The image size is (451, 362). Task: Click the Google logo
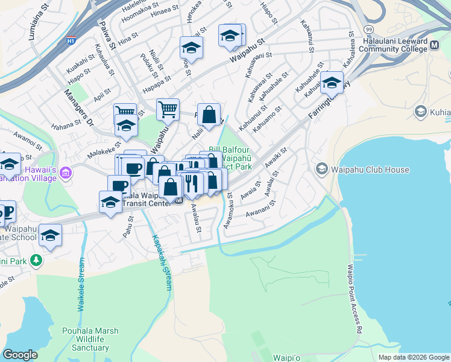pyautogui.click(x=20, y=355)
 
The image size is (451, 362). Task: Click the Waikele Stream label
pyautogui.click(x=81, y=285)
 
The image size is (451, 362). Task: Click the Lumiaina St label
pyautogui.click(x=37, y=24)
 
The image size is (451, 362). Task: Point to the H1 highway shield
pyautogui.click(x=71, y=41)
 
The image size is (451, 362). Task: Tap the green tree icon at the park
pyautogui.click(x=37, y=261)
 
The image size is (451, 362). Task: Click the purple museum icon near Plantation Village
pyautogui.click(x=66, y=174)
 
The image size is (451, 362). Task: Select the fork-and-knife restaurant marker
pyautogui.click(x=192, y=182)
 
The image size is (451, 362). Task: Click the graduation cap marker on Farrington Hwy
pyautogui.click(x=332, y=83)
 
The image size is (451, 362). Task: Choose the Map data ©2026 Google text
pyautogui.click(x=413, y=357)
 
